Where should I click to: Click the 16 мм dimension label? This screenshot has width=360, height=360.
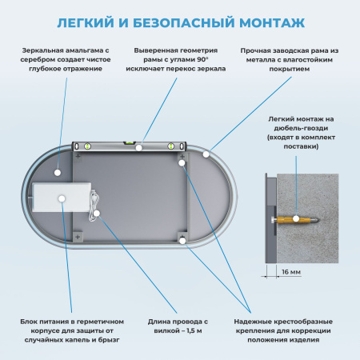coord(292,272)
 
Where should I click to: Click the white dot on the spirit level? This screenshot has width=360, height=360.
coord(139,147)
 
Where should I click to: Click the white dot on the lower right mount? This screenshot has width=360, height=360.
coord(182,239)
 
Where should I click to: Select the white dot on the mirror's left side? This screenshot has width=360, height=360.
coord(58,171)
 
